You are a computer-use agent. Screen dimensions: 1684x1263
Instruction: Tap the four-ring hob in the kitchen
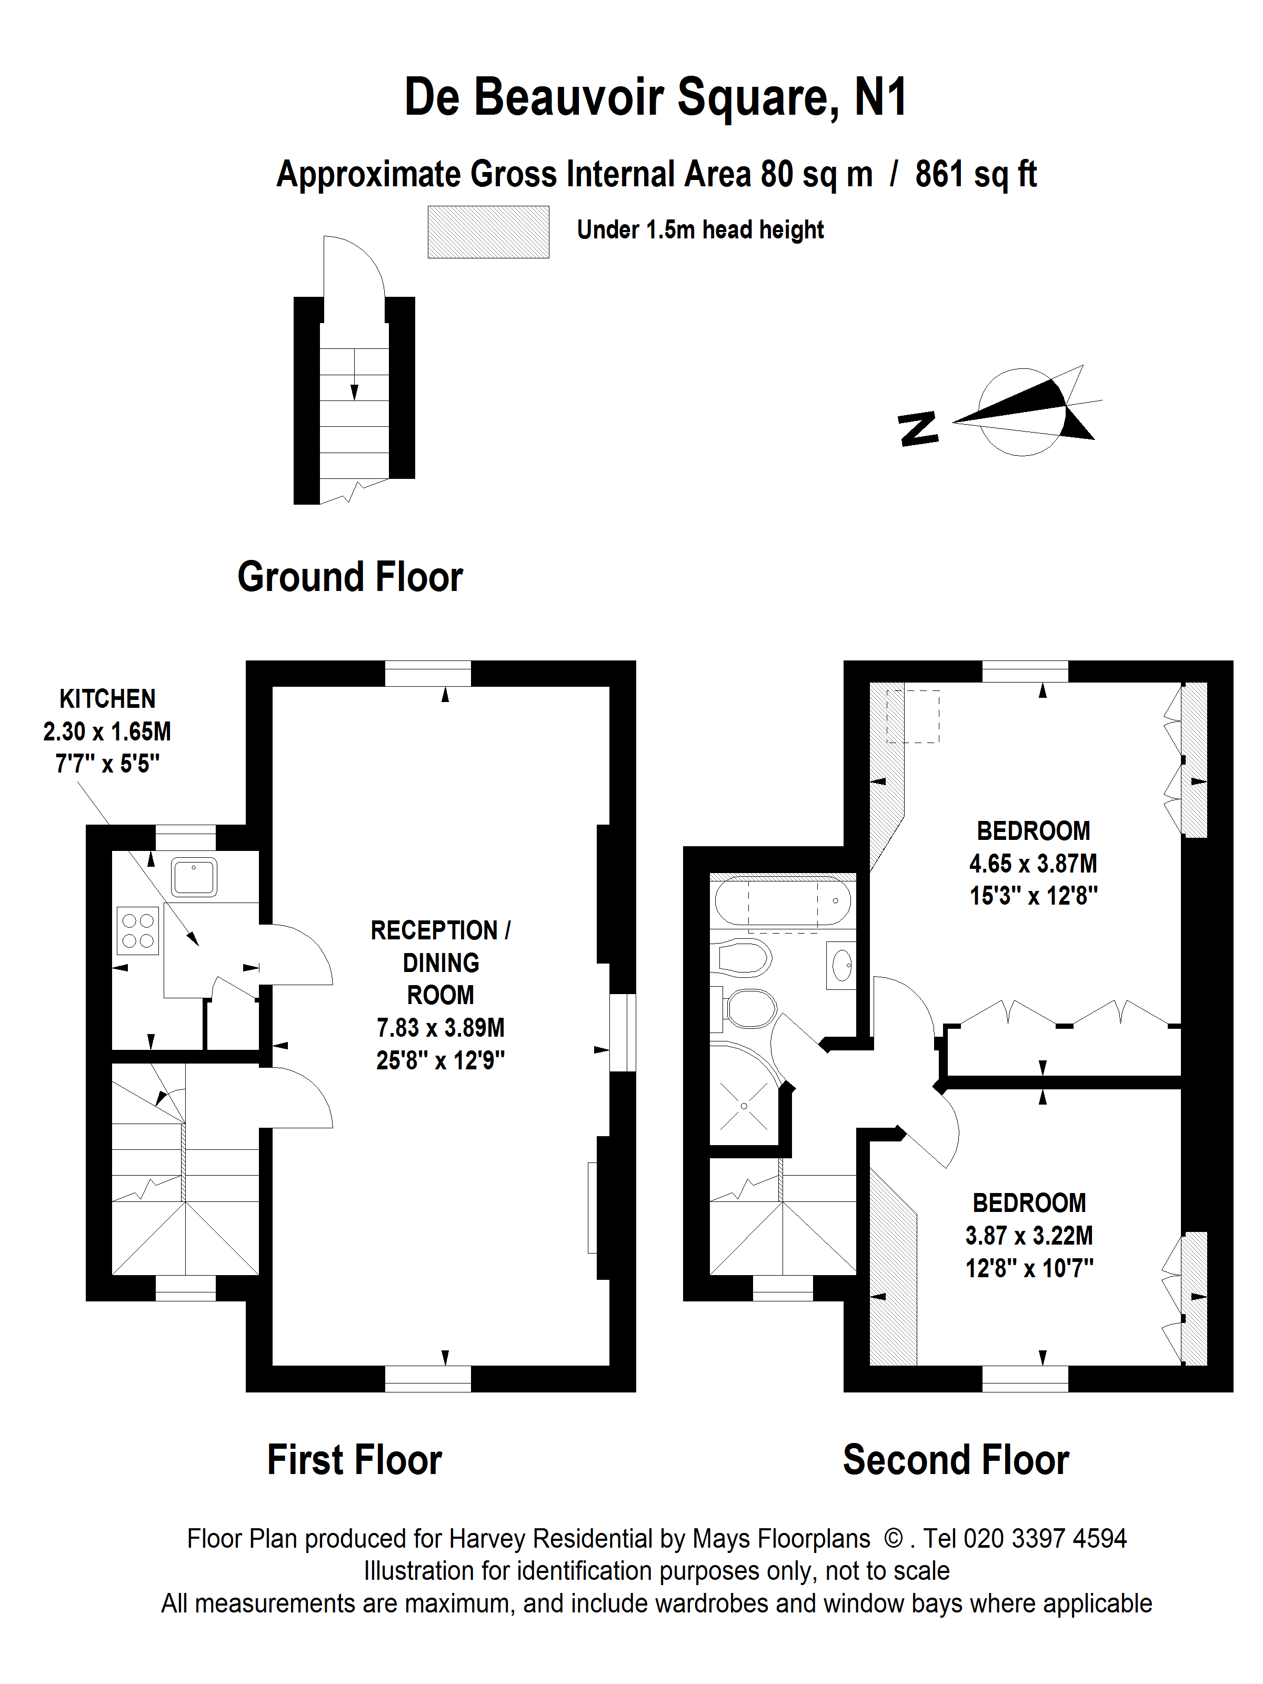tap(138, 931)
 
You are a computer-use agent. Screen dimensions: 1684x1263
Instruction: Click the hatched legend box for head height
tap(488, 232)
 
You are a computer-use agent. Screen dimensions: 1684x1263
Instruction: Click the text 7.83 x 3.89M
tap(440, 1028)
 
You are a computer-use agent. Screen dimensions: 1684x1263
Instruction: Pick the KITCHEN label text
tap(107, 698)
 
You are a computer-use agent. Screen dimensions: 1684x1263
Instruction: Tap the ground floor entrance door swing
tap(355, 266)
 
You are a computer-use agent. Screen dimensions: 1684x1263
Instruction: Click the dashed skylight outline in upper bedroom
tap(913, 716)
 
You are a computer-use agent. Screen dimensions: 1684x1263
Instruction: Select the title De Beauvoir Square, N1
tap(655, 97)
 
